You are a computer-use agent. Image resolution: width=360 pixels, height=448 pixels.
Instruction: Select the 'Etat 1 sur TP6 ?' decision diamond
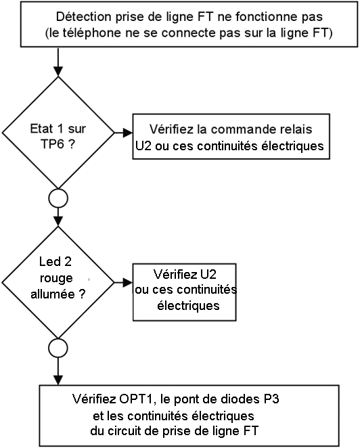pyautogui.click(x=58, y=133)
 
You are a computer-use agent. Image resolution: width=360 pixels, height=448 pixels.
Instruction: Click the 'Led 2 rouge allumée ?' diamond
pyautogui.click(x=58, y=283)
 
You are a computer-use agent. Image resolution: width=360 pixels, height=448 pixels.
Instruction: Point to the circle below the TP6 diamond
pyautogui.click(x=58, y=198)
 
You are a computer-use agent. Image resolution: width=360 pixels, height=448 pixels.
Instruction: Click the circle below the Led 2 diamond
pyautogui.click(x=58, y=349)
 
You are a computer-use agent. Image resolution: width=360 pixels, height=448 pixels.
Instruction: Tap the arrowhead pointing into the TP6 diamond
pyautogui.click(x=58, y=72)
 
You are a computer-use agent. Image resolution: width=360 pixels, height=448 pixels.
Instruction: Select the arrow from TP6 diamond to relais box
pyautogui.click(x=123, y=133)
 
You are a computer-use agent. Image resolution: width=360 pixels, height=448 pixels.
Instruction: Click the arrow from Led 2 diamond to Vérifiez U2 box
pyautogui.click(x=123, y=283)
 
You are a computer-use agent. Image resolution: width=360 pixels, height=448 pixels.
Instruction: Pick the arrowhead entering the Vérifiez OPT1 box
pyautogui.click(x=58, y=380)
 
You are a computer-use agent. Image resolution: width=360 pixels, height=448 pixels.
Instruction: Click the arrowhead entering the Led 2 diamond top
pyautogui.click(x=58, y=221)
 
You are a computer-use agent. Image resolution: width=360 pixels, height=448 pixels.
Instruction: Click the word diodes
pyautogui.click(x=235, y=399)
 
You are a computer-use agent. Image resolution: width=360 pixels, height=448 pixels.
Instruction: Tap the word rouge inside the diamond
pyautogui.click(x=56, y=278)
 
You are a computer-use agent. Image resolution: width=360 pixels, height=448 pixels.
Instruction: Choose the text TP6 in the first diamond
pyautogui.click(x=52, y=143)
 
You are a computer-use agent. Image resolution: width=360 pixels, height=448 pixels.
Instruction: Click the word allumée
pyautogui.click(x=53, y=294)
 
